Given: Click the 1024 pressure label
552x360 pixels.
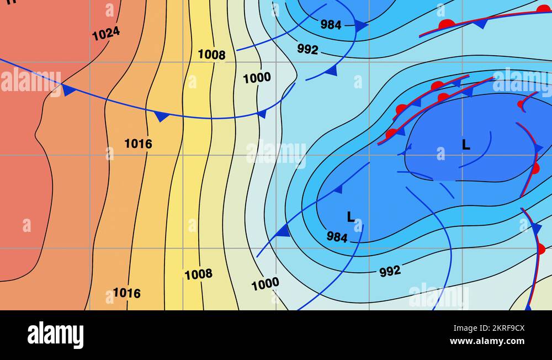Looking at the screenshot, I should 106,34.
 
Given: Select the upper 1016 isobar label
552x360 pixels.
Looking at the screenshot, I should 138,144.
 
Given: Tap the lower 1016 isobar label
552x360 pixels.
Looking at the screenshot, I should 126,293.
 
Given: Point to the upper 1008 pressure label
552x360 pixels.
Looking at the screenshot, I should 211,55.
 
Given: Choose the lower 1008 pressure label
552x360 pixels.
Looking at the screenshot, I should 198,274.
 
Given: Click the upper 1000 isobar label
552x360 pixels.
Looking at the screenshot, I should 257,78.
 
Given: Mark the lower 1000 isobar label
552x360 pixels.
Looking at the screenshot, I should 265,284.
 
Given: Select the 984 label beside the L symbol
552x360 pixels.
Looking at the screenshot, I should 337,237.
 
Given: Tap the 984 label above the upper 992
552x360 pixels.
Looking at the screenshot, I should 331,24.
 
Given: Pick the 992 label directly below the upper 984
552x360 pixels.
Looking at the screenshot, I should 307,49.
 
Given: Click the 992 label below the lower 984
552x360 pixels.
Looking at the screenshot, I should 390,271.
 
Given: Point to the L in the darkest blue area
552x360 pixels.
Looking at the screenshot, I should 466,145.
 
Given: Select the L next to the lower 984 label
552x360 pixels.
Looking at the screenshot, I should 351,217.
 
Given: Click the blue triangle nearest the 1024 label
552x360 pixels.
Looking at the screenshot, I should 68,90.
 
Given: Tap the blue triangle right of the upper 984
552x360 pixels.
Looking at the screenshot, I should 360,25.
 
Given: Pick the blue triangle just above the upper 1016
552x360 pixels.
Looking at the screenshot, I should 161,117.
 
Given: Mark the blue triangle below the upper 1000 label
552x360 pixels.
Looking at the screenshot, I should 262,114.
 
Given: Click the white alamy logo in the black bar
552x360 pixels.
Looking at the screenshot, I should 55,335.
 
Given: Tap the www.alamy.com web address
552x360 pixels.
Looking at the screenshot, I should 487,341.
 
